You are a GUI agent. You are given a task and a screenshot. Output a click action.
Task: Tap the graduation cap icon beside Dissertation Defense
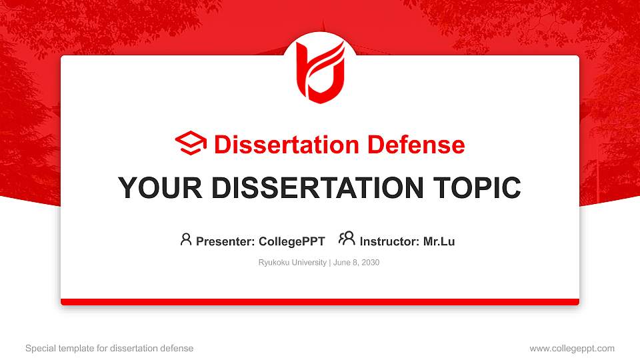click(x=191, y=144)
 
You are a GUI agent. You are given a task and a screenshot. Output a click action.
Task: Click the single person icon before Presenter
click(x=186, y=239)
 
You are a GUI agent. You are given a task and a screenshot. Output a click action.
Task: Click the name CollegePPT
click(x=291, y=241)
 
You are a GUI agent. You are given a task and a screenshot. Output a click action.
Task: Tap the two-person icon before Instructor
click(x=347, y=239)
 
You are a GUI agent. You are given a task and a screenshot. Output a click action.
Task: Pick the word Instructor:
click(x=389, y=241)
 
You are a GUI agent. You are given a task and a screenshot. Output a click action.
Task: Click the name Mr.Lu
click(x=439, y=241)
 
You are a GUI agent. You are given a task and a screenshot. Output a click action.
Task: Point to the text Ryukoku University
click(x=292, y=263)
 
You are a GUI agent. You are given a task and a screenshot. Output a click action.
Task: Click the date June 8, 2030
click(x=355, y=263)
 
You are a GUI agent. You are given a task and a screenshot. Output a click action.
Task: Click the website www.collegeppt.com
click(x=571, y=348)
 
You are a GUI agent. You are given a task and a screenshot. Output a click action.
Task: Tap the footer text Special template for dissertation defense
click(x=109, y=348)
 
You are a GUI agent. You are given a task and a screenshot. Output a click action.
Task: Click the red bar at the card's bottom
click(x=320, y=302)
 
